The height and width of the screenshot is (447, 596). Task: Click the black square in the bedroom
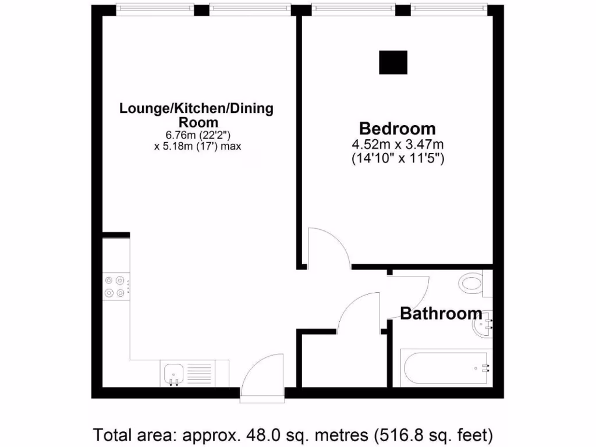pos(393,62)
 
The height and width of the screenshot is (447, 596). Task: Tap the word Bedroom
pos(397,129)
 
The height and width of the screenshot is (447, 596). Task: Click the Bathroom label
pos(441,314)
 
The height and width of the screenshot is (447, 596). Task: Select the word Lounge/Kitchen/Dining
pos(196,109)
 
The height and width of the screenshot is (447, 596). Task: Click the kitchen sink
pos(174,373)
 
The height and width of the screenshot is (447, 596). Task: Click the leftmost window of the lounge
pos(154,8)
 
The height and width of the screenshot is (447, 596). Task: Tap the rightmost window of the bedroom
pos(448,8)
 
